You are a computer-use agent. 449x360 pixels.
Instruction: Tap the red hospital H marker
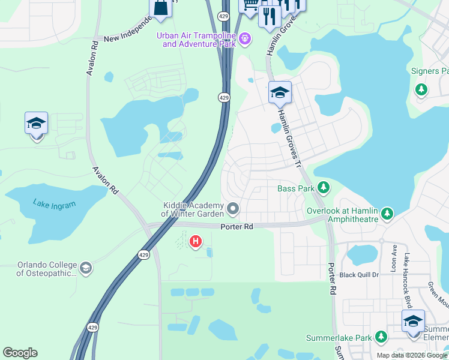[x=195, y=242]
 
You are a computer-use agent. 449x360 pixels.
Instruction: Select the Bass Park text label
[x=297, y=188]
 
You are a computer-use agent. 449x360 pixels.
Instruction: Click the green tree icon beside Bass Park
[x=324, y=188]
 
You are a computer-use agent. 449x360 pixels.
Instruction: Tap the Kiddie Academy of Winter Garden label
[x=193, y=209]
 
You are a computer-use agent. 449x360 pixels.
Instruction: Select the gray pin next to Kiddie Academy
[x=234, y=209]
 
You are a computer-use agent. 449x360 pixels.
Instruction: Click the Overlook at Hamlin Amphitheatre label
[x=342, y=215]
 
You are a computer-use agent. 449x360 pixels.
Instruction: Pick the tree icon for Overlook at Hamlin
[x=387, y=213]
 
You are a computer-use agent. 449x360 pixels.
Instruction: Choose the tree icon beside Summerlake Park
[x=380, y=337]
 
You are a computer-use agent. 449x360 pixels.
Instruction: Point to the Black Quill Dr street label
[x=360, y=275]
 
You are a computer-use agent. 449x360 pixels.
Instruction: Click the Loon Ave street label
[x=394, y=259]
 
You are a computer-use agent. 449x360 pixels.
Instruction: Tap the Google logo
[x=20, y=353]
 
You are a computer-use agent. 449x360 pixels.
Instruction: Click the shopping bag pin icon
[x=161, y=7]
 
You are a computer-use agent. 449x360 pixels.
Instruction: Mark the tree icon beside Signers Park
[x=421, y=89]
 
